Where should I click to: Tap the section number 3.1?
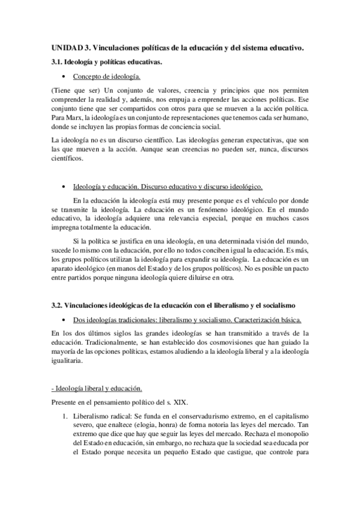point(58,62)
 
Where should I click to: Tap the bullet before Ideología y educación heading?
point(64,187)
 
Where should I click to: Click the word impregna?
point(67,227)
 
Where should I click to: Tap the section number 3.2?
point(58,306)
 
